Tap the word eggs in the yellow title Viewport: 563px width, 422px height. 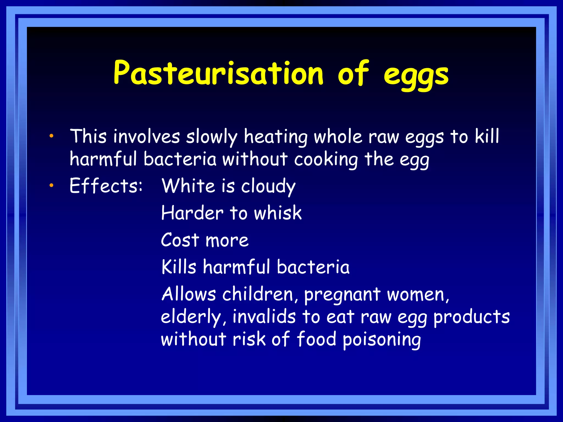pos(416,75)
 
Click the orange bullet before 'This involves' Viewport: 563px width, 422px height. pos(51,136)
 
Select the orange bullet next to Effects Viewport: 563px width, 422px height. pos(51,186)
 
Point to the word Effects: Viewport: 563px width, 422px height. pos(106,186)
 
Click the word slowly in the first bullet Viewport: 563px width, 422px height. pos(211,137)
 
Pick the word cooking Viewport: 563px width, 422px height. pos(326,160)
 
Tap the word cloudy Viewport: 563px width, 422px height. pos(268,186)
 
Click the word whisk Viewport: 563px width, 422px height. pos(278,213)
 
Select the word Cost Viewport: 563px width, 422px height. pos(180,240)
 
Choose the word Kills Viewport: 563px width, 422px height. pos(179,267)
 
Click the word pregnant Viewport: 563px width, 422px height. pos(342,295)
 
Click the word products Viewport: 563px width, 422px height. pos(471,317)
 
